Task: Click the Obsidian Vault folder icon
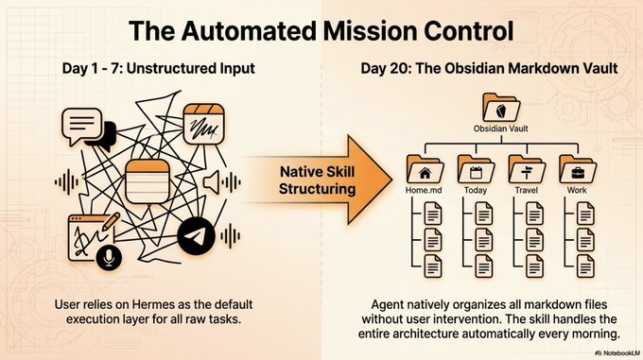[x=501, y=108]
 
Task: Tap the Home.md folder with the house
[x=425, y=169]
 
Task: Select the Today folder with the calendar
[x=476, y=169]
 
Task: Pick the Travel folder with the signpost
[x=527, y=169]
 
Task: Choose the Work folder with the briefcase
[x=578, y=169]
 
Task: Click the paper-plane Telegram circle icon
[x=196, y=236]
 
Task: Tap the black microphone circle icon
[x=109, y=258]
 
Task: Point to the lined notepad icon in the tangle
[x=148, y=181]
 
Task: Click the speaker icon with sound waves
[x=221, y=182]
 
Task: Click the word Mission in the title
[x=371, y=31]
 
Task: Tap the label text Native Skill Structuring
[x=317, y=180]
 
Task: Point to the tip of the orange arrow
[x=392, y=180]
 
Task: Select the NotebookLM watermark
[x=618, y=353]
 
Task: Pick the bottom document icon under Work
[x=585, y=266]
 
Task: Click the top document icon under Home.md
[x=433, y=214]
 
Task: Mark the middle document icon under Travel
[x=535, y=240]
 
